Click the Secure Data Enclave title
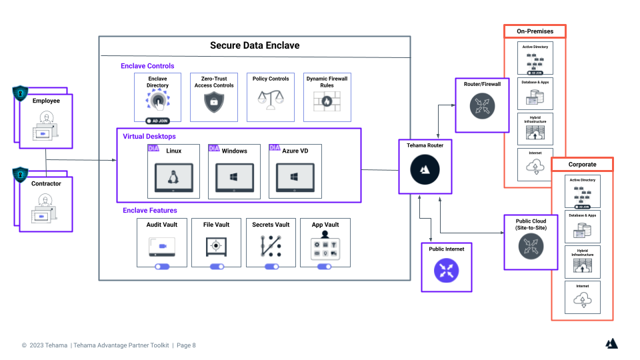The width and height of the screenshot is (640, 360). click(255, 45)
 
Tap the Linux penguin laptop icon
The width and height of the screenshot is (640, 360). click(174, 178)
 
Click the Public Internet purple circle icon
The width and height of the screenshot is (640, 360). click(446, 270)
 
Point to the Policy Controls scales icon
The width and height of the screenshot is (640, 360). click(271, 101)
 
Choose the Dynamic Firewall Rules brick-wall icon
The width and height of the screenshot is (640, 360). click(327, 101)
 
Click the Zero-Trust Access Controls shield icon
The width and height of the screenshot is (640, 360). click(214, 102)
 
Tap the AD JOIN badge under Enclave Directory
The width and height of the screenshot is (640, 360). click(158, 121)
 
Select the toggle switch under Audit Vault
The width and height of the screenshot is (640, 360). click(161, 267)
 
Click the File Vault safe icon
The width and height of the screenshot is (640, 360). click(216, 247)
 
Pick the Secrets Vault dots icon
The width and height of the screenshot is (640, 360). click(271, 247)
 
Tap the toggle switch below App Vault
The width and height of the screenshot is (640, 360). click(325, 267)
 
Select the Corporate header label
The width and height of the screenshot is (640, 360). click(582, 164)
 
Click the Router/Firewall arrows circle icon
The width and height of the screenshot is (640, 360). click(482, 105)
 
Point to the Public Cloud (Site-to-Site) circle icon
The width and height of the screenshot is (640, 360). click(531, 246)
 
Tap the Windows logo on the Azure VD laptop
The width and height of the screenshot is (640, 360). click(295, 178)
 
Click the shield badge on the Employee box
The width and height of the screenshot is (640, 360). click(20, 92)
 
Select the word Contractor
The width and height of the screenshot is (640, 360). click(47, 183)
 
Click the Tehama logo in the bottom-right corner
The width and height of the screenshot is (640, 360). click(611, 343)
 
